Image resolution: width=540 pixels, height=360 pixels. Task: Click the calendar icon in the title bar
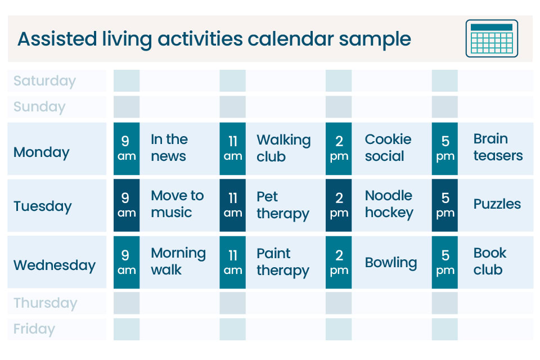pyautogui.click(x=492, y=38)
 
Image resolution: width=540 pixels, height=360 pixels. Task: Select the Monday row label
pyautogui.click(x=42, y=152)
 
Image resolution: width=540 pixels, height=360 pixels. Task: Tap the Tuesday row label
pyautogui.click(x=43, y=206)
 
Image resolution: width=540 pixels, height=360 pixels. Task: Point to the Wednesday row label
pyautogui.click(x=55, y=265)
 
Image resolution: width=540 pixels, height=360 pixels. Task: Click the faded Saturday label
pyautogui.click(x=44, y=80)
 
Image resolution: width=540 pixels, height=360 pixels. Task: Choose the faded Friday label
pyautogui.click(x=34, y=329)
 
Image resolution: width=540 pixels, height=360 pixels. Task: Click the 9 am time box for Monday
pyautogui.click(x=127, y=148)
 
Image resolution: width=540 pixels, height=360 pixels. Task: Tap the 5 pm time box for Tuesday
pyautogui.click(x=445, y=205)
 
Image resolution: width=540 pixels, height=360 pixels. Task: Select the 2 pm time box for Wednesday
pyautogui.click(x=339, y=262)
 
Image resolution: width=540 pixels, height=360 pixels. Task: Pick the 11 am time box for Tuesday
pyautogui.click(x=232, y=205)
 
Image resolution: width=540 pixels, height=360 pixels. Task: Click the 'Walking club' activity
pyautogui.click(x=283, y=148)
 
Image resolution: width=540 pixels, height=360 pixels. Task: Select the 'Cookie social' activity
pyautogui.click(x=388, y=147)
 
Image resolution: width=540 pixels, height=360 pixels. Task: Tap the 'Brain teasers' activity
pyautogui.click(x=498, y=147)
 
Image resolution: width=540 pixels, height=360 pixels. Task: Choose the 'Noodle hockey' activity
pyautogui.click(x=389, y=204)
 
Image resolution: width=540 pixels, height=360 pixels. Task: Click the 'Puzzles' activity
pyautogui.click(x=497, y=204)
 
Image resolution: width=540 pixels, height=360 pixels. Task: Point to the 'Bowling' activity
pyautogui.click(x=391, y=263)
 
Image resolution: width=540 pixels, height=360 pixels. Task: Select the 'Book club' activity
pyautogui.click(x=490, y=261)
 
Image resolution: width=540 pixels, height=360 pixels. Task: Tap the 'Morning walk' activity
pyautogui.click(x=178, y=261)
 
